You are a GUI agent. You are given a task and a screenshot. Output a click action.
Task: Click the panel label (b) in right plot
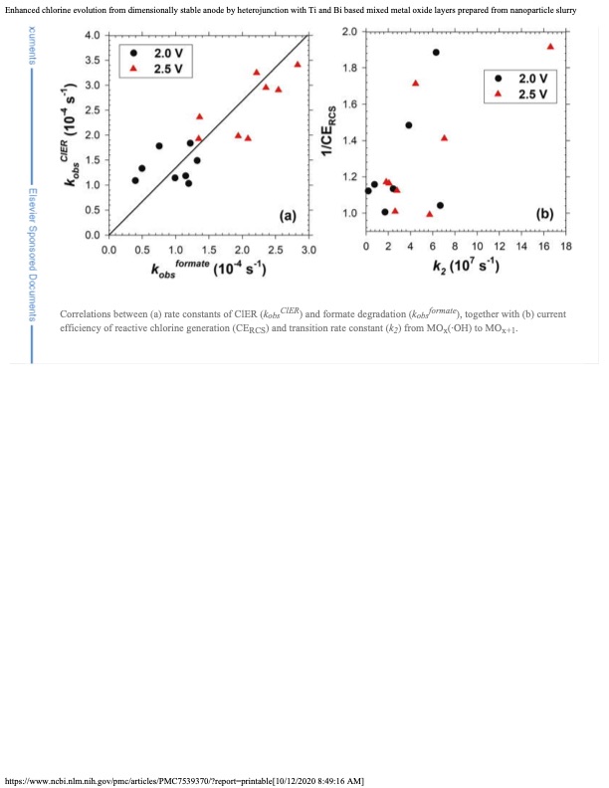coord(545,213)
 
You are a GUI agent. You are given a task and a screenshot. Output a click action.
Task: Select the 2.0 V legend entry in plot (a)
coord(165,52)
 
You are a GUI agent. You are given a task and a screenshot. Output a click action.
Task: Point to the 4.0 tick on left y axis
coord(91,36)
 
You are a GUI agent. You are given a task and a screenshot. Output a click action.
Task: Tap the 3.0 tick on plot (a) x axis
coord(307,249)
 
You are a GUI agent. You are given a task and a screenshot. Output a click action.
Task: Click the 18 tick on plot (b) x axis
coord(566,246)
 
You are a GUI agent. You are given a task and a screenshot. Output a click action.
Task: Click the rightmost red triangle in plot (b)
coord(550,46)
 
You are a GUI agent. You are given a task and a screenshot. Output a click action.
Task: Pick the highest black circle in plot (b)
coord(436,52)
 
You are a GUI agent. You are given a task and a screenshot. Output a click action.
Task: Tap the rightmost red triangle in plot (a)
coord(298,64)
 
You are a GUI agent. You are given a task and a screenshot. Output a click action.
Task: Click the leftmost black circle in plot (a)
coord(135,180)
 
